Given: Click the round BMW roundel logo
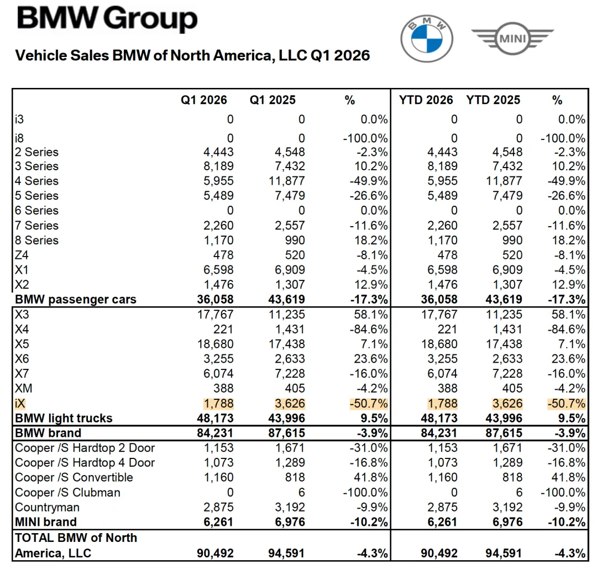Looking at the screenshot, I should (426, 38).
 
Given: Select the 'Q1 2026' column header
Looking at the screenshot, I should (203, 100).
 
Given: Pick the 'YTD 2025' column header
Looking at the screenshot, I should (493, 100).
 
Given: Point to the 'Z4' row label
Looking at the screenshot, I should (23, 255).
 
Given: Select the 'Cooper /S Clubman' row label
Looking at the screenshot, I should (67, 492).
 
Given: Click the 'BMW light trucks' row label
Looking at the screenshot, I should (64, 418).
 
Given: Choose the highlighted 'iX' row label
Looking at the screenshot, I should (20, 403).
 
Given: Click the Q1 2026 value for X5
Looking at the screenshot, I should (216, 344).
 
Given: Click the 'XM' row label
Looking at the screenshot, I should (24, 388).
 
